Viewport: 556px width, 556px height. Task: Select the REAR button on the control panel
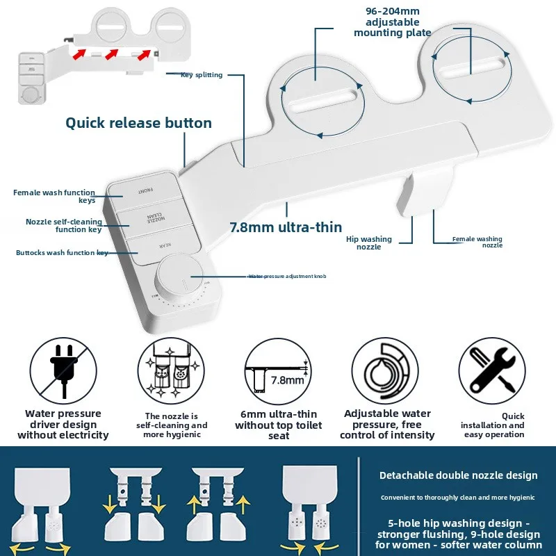click(163, 245)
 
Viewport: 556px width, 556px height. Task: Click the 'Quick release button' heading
click(138, 123)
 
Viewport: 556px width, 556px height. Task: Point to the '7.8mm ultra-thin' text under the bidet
click(286, 227)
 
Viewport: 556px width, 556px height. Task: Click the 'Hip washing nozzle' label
click(369, 243)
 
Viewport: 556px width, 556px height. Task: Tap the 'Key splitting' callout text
click(202, 75)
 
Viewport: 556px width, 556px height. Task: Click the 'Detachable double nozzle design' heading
click(458, 475)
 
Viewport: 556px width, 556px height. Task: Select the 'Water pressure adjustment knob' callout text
click(287, 276)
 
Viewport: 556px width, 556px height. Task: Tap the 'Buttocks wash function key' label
click(61, 253)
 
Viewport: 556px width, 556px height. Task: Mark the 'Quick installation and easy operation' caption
click(494, 425)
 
